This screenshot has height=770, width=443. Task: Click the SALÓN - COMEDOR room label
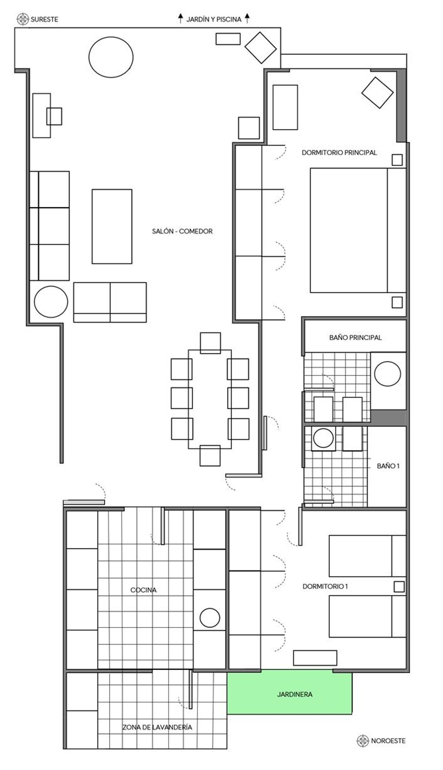[x=182, y=231]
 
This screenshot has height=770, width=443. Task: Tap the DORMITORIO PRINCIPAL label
[x=339, y=153]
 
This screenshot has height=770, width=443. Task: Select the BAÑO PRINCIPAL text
[x=355, y=337]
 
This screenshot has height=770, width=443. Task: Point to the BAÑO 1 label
[x=388, y=466]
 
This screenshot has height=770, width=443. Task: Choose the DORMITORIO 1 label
[x=325, y=586]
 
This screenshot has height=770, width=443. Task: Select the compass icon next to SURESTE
[x=22, y=19]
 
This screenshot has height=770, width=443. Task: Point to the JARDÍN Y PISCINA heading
[x=214, y=19]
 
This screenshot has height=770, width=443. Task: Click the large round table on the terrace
[x=111, y=57]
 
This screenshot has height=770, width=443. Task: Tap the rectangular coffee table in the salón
[x=112, y=226]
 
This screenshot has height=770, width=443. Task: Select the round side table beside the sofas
[x=51, y=302]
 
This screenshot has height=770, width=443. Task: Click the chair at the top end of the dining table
[x=210, y=343]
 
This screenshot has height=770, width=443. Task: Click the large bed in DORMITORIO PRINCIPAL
[x=358, y=230]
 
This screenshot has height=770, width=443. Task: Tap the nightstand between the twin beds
[x=399, y=587]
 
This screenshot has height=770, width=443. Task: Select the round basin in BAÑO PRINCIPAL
[x=387, y=374]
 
